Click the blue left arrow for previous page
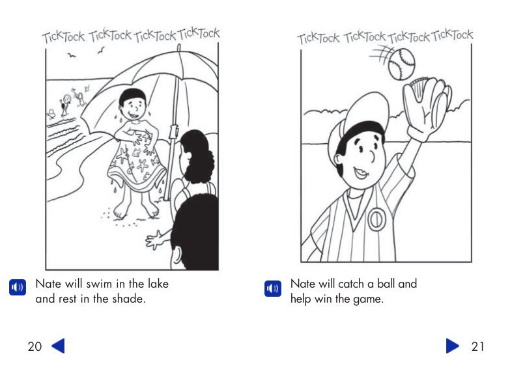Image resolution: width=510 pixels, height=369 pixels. pyautogui.click(x=58, y=346)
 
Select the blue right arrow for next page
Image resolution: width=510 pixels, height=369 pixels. pyautogui.click(x=453, y=346)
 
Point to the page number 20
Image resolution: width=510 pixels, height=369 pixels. pyautogui.click(x=35, y=346)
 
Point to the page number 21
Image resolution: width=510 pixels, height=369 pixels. pyautogui.click(x=477, y=346)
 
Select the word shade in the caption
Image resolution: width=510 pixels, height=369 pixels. pyautogui.click(x=128, y=299)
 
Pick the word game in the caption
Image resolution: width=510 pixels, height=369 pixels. pyautogui.click(x=369, y=299)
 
